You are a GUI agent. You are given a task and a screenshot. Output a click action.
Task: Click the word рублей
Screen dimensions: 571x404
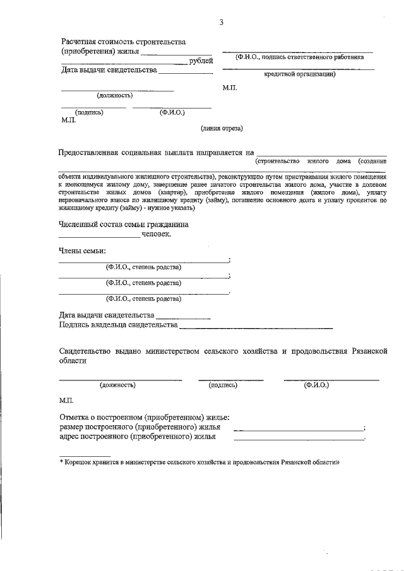click(201, 61)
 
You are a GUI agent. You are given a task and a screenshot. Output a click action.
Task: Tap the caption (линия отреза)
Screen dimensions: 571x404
click(222, 128)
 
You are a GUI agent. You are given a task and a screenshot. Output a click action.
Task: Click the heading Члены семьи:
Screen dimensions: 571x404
click(83, 251)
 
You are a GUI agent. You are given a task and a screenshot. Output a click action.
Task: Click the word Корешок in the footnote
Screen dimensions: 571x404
click(79, 462)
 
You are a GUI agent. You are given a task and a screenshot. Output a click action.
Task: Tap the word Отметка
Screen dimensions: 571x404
click(76, 417)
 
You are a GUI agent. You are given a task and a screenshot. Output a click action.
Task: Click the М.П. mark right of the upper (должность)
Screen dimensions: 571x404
click(230, 90)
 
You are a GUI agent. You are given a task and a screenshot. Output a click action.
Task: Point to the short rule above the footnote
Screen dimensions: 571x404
click(85, 456)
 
